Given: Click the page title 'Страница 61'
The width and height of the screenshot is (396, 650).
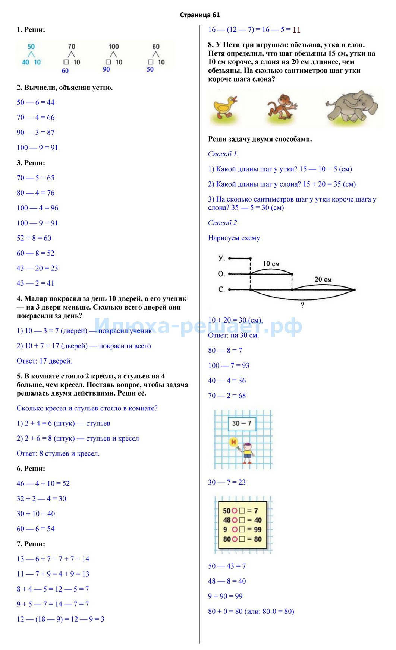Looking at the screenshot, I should point(199,15).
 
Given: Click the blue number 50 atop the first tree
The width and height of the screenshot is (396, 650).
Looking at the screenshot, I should point(31,47).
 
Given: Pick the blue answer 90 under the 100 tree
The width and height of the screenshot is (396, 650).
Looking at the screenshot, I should point(106,69).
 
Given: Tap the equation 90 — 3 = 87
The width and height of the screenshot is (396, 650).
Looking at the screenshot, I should point(35,133).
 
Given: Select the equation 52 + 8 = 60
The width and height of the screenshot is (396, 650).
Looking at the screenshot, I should point(34,238).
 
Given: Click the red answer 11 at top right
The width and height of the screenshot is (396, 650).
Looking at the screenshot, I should point(296,30).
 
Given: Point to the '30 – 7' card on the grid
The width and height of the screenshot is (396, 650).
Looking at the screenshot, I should point(242,423).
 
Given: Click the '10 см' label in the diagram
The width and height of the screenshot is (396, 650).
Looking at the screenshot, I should point(271,264).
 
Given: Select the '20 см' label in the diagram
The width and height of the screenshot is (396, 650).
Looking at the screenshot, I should point(323,279).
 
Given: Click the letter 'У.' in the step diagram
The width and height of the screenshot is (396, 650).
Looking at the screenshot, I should point(221,258).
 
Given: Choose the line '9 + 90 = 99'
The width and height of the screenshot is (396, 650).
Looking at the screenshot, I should point(225,596).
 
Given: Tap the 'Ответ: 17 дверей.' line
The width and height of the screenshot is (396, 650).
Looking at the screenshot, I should point(44,361).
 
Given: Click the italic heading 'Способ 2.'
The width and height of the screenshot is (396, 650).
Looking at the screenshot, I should point(223,223).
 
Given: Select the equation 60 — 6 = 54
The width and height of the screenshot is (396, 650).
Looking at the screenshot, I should point(35,529).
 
